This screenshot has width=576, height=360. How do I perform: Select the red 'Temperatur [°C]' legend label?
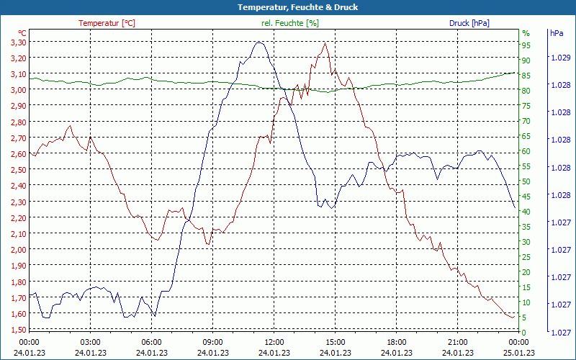(107, 23)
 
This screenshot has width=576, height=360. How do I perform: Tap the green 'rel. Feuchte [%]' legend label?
(290, 23)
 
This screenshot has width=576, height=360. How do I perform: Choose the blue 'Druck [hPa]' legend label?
(469, 23)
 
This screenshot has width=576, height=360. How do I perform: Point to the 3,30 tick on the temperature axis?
(18, 42)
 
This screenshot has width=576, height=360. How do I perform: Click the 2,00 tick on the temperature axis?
(18, 250)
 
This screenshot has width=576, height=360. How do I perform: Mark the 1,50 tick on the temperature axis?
(18, 330)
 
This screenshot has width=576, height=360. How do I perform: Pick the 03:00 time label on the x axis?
(90, 342)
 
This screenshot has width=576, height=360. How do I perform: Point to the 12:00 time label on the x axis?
(274, 342)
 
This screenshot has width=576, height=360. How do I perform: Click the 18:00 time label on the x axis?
(397, 342)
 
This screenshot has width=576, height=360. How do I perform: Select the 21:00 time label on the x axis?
(458, 342)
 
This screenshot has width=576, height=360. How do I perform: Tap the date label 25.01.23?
(519, 353)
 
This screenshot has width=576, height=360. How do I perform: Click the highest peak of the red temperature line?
(325, 42)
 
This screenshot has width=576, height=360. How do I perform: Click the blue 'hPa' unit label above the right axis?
(556, 33)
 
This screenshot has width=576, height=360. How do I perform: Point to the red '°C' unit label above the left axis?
(22, 33)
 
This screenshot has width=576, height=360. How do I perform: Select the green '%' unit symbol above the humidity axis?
(526, 33)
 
